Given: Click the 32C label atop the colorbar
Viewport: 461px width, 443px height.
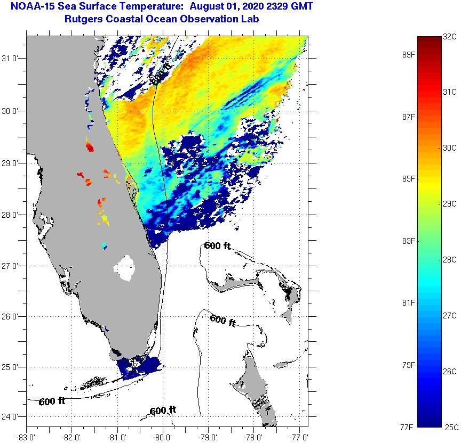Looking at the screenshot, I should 450,37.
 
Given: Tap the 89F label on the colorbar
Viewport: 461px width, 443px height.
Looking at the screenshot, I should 409,54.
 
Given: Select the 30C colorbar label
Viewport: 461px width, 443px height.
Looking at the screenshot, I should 450,147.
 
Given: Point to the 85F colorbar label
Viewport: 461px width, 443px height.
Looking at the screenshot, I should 409,178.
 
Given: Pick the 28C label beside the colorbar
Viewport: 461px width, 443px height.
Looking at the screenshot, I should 450,259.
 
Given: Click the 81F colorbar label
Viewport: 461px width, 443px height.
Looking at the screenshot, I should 409,302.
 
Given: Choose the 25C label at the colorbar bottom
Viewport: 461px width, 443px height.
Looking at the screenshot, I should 450,426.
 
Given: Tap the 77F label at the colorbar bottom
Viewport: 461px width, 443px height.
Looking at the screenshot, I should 409,426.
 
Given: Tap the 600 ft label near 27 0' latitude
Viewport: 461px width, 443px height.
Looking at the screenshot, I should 217,245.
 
